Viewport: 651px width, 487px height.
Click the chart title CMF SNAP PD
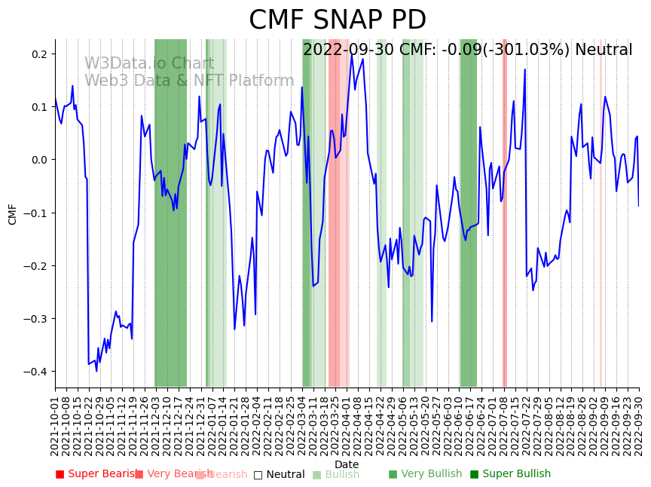click(x=337, y=20)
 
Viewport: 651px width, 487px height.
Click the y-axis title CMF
click(x=13, y=213)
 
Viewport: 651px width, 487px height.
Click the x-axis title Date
click(x=347, y=464)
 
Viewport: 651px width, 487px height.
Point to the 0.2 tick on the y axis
click(x=38, y=54)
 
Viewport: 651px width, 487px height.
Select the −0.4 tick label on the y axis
click(x=35, y=372)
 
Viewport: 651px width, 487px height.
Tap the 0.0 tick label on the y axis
click(x=38, y=160)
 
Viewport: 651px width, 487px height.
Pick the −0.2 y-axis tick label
click(x=35, y=266)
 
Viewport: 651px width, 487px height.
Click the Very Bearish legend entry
click(x=167, y=474)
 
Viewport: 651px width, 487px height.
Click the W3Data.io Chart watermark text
click(x=149, y=64)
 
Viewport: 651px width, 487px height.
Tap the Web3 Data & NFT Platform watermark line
click(x=189, y=81)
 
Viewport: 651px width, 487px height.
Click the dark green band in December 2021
click(x=170, y=226)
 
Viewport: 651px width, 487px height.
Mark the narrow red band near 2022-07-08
click(x=505, y=226)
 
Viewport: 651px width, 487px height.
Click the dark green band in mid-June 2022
click(x=468, y=226)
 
